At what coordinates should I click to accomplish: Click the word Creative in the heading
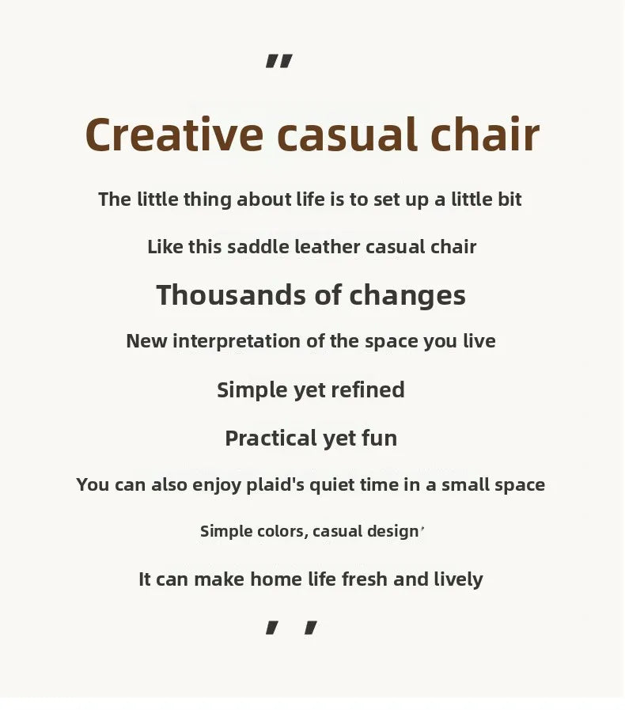(x=174, y=135)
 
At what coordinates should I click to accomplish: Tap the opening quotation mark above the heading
(x=278, y=61)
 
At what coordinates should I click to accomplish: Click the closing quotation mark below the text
(x=291, y=628)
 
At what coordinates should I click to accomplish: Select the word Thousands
(x=231, y=295)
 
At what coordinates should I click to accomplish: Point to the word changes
(x=407, y=296)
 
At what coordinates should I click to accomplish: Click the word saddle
(x=258, y=247)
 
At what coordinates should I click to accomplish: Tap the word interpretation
(x=237, y=341)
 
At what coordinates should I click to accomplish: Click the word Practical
(x=271, y=439)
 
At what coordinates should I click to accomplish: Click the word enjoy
(x=217, y=485)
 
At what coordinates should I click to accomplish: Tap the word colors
(x=282, y=532)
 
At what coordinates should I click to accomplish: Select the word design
(x=392, y=532)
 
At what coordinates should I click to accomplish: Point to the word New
(x=146, y=341)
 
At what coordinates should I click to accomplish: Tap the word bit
(x=509, y=199)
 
